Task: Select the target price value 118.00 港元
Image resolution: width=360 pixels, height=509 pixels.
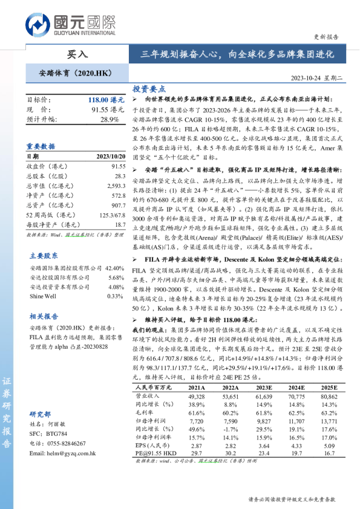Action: click(106, 100)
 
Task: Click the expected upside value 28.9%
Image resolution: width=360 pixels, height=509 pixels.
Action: click(110, 120)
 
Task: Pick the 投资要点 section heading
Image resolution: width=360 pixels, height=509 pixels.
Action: click(149, 88)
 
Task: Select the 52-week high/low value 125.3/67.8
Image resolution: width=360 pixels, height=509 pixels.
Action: click(109, 215)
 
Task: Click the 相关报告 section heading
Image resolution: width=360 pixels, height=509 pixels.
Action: click(44, 316)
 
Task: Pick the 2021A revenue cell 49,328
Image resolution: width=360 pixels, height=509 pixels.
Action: click(197, 395)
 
